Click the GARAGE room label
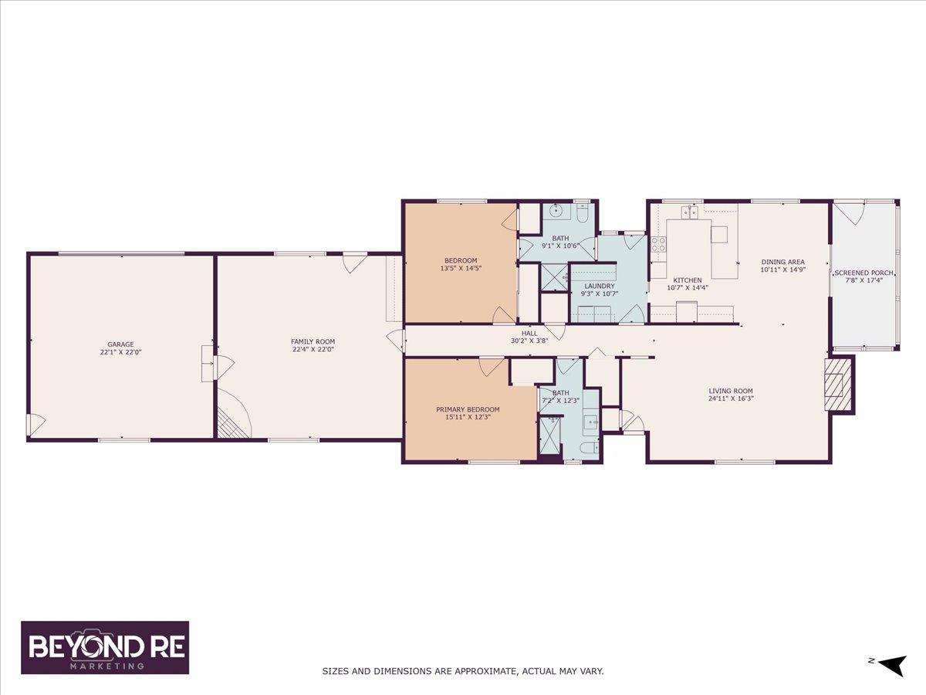pos(120,344)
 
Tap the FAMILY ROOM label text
pos(313,342)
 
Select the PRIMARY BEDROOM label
pos(468,409)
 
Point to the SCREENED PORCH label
pos(863,273)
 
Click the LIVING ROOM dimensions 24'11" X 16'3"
pos(731,398)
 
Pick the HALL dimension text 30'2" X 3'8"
pos(529,341)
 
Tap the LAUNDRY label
pos(600,286)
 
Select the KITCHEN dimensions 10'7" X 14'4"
pos(688,288)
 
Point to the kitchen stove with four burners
pos(658,244)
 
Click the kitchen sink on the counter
pos(689,212)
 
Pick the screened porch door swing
pos(847,215)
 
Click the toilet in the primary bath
pos(589,447)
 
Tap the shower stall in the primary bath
pos(549,436)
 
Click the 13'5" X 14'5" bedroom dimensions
pos(461,267)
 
